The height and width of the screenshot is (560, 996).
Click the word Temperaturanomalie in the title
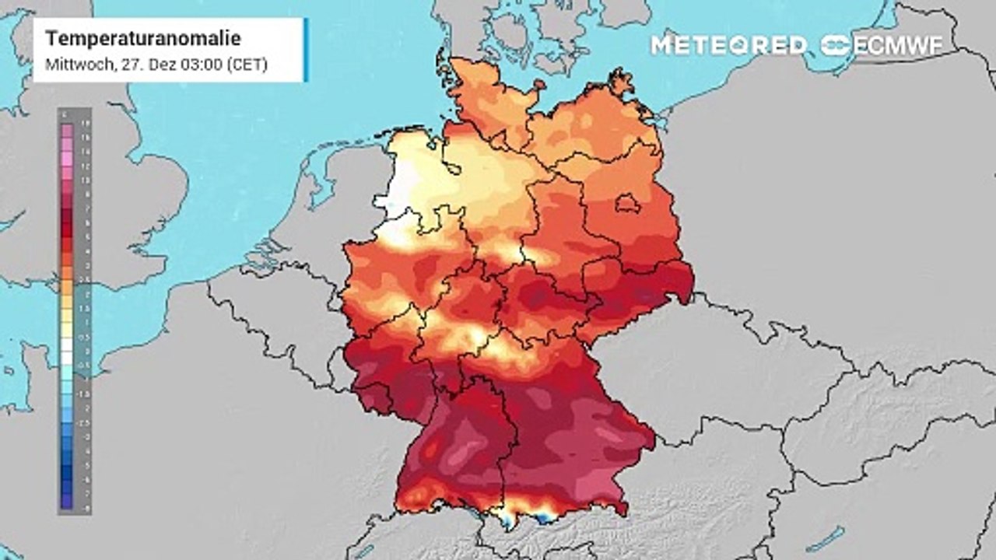click(142, 39)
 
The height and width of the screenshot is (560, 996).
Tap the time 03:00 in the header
click(203, 65)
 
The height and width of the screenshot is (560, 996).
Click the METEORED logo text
click(728, 45)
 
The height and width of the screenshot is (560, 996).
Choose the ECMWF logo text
click(898, 45)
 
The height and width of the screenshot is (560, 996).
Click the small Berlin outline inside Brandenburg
click(628, 204)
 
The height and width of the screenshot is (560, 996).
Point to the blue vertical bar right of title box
click(306, 50)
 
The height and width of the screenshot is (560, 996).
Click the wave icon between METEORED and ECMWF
click(835, 45)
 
